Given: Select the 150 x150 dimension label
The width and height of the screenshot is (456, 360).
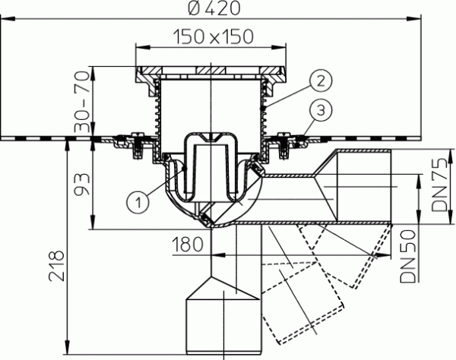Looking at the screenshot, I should point(213,35).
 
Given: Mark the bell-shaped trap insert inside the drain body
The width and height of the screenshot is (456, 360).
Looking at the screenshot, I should point(211,163).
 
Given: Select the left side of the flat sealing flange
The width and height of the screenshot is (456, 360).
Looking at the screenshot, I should point(46,138).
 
